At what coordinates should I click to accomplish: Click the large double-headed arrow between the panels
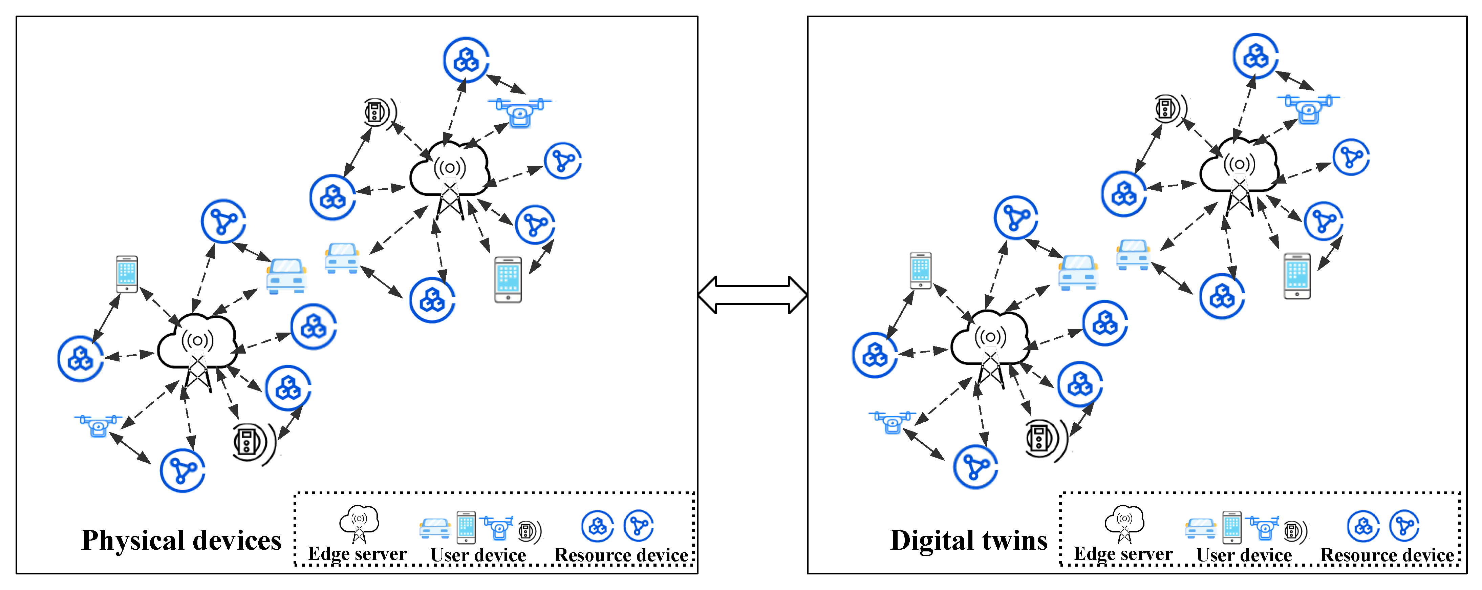(x=752, y=295)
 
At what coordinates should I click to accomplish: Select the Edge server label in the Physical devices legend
(x=357, y=554)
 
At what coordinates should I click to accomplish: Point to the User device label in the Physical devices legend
(x=478, y=555)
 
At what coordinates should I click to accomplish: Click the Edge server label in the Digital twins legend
(x=1123, y=554)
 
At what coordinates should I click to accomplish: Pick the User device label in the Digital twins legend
(x=1244, y=555)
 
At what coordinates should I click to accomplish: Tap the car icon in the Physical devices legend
(x=434, y=528)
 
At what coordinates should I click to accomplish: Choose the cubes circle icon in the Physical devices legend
(x=597, y=526)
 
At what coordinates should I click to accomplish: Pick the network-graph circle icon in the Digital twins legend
(x=1404, y=526)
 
